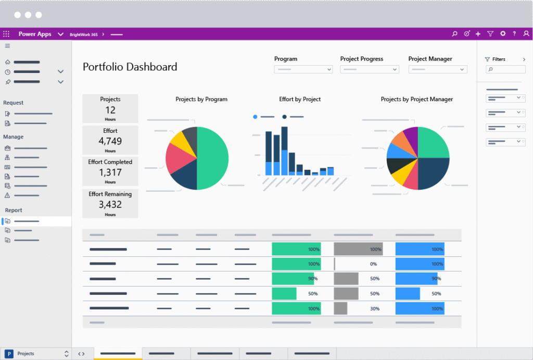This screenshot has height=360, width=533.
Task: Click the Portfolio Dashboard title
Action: tap(130, 67)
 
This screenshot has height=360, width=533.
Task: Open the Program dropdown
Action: tap(303, 69)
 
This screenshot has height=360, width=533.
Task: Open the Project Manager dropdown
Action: tap(437, 69)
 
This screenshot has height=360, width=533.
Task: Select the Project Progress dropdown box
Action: tap(369, 69)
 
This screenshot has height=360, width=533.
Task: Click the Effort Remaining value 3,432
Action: tap(110, 205)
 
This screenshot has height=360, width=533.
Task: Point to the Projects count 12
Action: tap(110, 110)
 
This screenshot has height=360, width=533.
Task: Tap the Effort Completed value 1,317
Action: tap(110, 172)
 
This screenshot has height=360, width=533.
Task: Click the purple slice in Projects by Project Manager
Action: tap(412, 134)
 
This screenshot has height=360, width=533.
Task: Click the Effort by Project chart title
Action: tap(300, 99)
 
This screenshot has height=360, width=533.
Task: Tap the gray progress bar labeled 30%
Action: tap(340, 308)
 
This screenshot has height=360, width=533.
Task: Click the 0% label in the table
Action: tap(373, 264)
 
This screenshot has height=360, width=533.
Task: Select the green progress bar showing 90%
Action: tap(293, 279)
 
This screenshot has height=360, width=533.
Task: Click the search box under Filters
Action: tap(504, 69)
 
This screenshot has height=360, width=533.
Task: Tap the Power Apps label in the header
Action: tap(35, 34)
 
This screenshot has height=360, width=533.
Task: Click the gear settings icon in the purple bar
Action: tap(502, 34)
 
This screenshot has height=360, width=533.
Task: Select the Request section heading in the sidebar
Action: tap(14, 103)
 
